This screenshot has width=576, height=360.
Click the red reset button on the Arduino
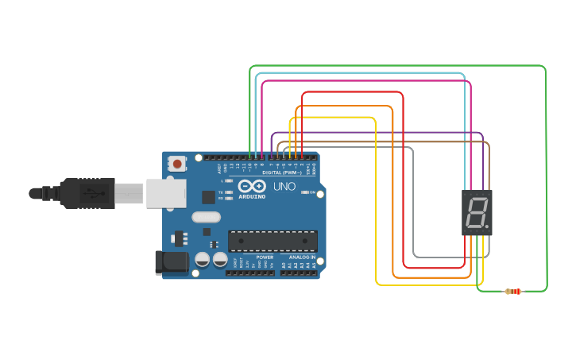coord(177,164)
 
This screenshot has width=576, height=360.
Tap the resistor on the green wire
coord(514,292)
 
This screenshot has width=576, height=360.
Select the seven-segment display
coord(477,212)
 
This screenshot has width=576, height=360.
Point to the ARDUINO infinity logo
coord(252,186)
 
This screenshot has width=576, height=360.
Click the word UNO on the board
coord(284,187)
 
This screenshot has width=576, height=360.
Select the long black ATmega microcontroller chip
coord(273,241)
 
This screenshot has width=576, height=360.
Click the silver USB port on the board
coord(165,193)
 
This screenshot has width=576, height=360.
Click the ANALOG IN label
coord(301,257)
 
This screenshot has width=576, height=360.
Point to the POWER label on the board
coord(265,257)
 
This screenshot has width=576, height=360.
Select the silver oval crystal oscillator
coord(206,217)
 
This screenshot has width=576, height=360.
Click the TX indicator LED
coord(229,192)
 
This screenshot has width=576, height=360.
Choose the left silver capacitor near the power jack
coord(203,259)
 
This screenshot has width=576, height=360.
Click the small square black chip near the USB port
coord(208,197)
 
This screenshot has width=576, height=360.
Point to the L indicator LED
coord(229,181)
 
